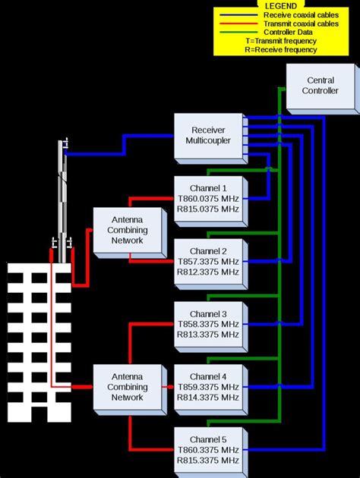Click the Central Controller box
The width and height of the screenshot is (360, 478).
tap(320, 86)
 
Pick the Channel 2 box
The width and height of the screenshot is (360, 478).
tap(208, 261)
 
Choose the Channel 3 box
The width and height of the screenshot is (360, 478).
tap(208, 324)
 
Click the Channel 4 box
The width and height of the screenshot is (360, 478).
tap(208, 387)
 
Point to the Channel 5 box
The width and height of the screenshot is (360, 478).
tap(208, 450)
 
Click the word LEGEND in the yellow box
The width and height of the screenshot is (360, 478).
tap(281, 5)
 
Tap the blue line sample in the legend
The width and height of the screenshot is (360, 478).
tap(237, 14)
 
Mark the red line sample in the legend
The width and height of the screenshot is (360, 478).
tap(237, 24)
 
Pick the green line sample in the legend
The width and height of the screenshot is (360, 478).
tap(237, 33)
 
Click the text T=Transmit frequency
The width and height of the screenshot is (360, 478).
tap(281, 42)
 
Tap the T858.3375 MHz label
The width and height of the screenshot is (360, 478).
tap(208, 324)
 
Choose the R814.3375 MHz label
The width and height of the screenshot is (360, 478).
tap(208, 398)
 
